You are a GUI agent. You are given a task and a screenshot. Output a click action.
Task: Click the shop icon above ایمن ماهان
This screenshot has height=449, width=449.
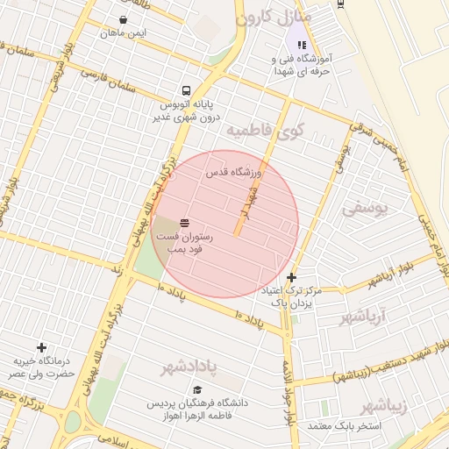123,18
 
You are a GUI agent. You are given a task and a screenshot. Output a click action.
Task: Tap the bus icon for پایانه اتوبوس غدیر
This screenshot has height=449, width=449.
186,90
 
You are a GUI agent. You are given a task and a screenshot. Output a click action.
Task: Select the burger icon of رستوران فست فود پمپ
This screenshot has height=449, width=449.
184,223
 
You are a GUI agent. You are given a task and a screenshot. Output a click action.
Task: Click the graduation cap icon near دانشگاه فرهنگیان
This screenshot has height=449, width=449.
197,389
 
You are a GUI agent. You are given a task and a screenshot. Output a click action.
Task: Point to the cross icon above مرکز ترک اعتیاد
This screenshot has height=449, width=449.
291,277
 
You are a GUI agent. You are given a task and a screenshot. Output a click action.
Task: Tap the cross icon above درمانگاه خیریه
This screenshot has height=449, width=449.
41,348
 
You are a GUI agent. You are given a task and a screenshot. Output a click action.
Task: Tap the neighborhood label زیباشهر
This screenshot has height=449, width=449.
388,406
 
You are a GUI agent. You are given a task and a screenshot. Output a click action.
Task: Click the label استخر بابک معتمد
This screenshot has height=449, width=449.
344,426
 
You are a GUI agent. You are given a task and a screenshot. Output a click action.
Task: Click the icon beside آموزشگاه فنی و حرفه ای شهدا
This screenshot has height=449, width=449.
302,44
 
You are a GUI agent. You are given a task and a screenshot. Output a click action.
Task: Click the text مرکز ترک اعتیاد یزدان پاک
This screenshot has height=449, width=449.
292,296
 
